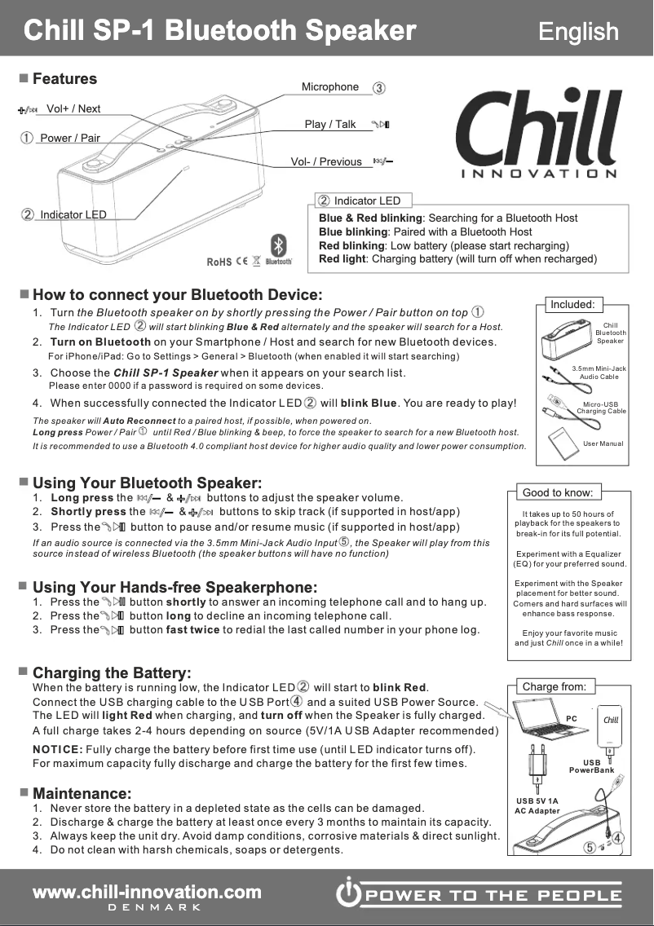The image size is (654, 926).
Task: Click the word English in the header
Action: click(x=578, y=32)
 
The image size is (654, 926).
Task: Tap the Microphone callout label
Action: click(x=330, y=87)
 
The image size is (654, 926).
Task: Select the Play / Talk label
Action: click(x=330, y=124)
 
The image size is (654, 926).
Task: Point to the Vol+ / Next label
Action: click(x=73, y=109)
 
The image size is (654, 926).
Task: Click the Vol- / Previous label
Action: click(x=326, y=161)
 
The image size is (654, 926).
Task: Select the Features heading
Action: click(x=64, y=79)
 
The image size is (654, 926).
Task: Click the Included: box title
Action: click(x=572, y=305)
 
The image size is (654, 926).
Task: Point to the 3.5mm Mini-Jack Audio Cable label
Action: click(x=599, y=373)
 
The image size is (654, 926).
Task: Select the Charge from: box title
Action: click(x=554, y=686)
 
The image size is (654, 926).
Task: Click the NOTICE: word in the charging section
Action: click(x=57, y=749)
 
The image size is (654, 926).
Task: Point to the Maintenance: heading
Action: click(x=82, y=793)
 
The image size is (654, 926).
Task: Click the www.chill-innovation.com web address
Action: click(x=147, y=893)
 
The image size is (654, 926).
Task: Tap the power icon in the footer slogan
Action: click(x=349, y=895)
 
